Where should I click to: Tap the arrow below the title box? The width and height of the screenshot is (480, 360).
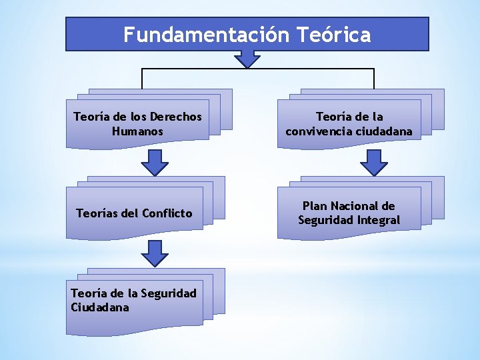(247, 59)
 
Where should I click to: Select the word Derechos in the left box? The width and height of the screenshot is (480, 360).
(176, 117)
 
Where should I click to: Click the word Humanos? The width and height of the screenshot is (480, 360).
(137, 131)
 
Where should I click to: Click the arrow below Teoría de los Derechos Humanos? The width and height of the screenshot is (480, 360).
(155, 162)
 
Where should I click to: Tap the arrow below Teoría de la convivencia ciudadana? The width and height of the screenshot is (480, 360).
(374, 162)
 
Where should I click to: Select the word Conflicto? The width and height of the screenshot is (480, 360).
(167, 213)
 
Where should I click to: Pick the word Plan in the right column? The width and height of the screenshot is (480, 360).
(315, 206)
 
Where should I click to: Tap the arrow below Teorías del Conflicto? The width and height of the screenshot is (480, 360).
(155, 253)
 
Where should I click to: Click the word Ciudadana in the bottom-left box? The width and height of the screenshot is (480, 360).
(99, 307)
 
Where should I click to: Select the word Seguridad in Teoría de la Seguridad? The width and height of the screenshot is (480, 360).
(169, 293)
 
